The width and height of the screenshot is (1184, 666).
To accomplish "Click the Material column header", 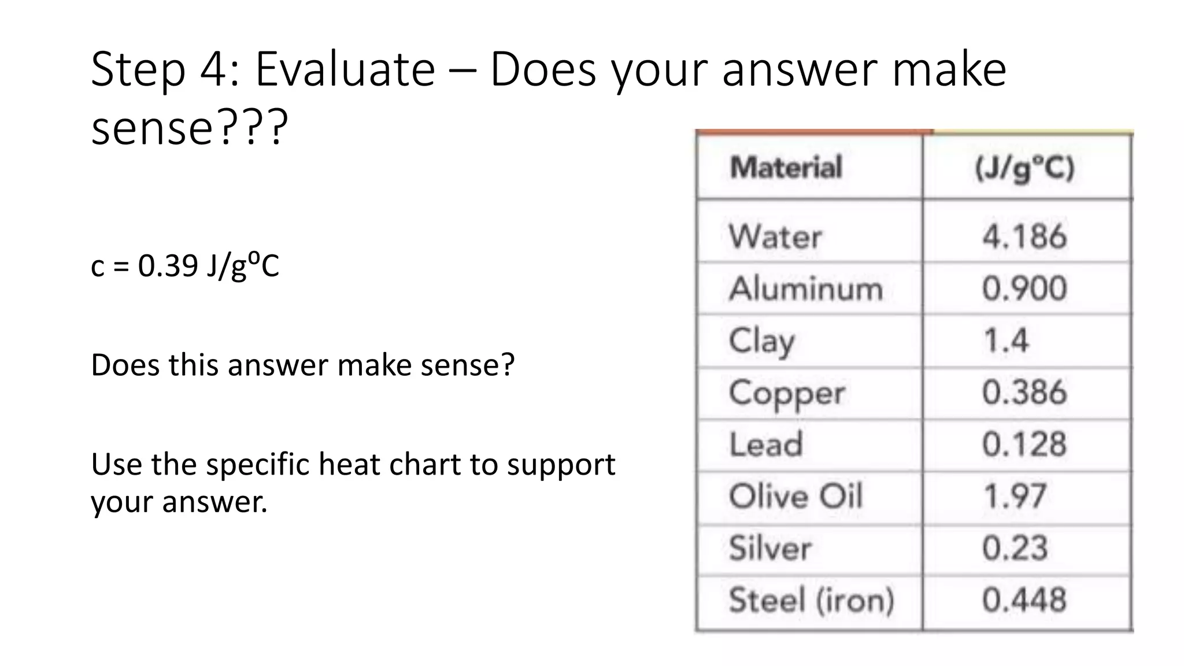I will coord(786,168).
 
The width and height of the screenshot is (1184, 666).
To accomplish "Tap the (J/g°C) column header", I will coord(1024,169).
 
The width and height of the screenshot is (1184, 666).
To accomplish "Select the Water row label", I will coord(775,236).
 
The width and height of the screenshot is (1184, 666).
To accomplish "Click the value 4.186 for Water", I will coord(1024,236).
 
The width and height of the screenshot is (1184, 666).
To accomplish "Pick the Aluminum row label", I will coord(806,288).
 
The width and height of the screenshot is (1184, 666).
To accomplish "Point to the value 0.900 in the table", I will coord(1024,288).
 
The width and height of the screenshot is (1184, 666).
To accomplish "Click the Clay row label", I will coord(761,341).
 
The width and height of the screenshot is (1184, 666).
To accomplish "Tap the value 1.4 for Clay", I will coord(1006,341).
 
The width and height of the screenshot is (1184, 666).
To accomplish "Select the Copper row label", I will coord(786,393).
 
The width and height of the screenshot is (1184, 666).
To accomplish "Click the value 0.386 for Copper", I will coord(1024,393).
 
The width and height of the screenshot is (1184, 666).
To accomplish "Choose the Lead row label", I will coord(766,445).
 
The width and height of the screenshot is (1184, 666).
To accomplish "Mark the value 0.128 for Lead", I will coord(1024,445).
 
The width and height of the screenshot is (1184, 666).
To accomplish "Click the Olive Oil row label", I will coord(795,496).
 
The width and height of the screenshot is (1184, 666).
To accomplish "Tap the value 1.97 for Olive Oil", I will coord(1015,496).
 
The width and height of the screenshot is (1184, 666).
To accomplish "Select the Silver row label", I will coord(770,548).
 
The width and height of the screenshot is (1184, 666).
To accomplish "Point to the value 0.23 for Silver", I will coord(1015,548).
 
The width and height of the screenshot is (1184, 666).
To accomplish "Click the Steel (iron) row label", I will coord(811,600).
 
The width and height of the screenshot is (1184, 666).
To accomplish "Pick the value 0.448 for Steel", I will coord(1024,600).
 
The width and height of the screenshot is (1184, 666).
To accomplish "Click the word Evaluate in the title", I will coord(345,69).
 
